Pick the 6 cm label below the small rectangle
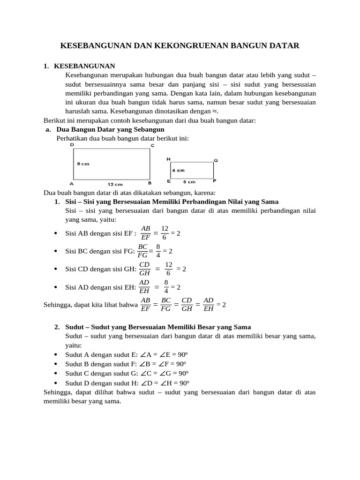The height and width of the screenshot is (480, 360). coord(189,181)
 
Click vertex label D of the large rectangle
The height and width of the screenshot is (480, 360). coord(72,145)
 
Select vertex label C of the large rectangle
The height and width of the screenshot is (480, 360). coord(152,145)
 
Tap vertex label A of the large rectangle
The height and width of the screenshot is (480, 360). coord(71,183)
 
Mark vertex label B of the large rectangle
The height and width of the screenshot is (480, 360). coord(150,183)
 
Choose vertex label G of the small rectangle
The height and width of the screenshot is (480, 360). coord(216,160)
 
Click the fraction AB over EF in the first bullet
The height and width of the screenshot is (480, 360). coord(145,232)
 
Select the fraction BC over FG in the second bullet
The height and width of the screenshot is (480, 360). coord(142,251)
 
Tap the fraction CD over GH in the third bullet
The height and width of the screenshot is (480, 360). coord(144,269)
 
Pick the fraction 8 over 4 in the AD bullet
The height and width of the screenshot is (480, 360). coord(166,286)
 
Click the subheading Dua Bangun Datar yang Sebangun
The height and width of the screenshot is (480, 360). coord(110,129)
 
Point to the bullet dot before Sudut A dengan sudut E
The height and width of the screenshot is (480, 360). coord(56,354)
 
